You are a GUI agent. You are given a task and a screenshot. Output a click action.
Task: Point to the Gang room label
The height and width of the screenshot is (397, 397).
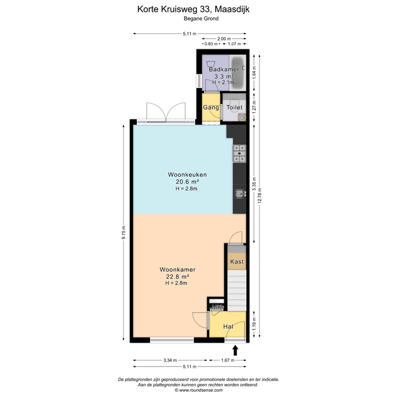tap(210, 108)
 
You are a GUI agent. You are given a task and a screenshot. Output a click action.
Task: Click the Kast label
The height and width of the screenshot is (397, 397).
tap(237, 262)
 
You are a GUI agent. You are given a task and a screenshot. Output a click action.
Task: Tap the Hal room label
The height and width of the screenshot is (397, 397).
tap(228, 327)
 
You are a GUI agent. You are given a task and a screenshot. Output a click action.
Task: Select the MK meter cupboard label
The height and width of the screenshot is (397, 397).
tap(216, 308)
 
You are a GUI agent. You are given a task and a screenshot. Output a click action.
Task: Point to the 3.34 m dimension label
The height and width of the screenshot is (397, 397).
tap(170, 360)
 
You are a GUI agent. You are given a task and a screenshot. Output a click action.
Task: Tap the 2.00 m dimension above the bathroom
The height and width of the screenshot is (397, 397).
tap(224, 39)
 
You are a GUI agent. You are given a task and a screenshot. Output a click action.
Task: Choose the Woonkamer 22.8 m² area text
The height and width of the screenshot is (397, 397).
tap(177, 276)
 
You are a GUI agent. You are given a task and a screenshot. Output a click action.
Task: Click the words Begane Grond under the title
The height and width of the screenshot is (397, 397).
tap(201, 19)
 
